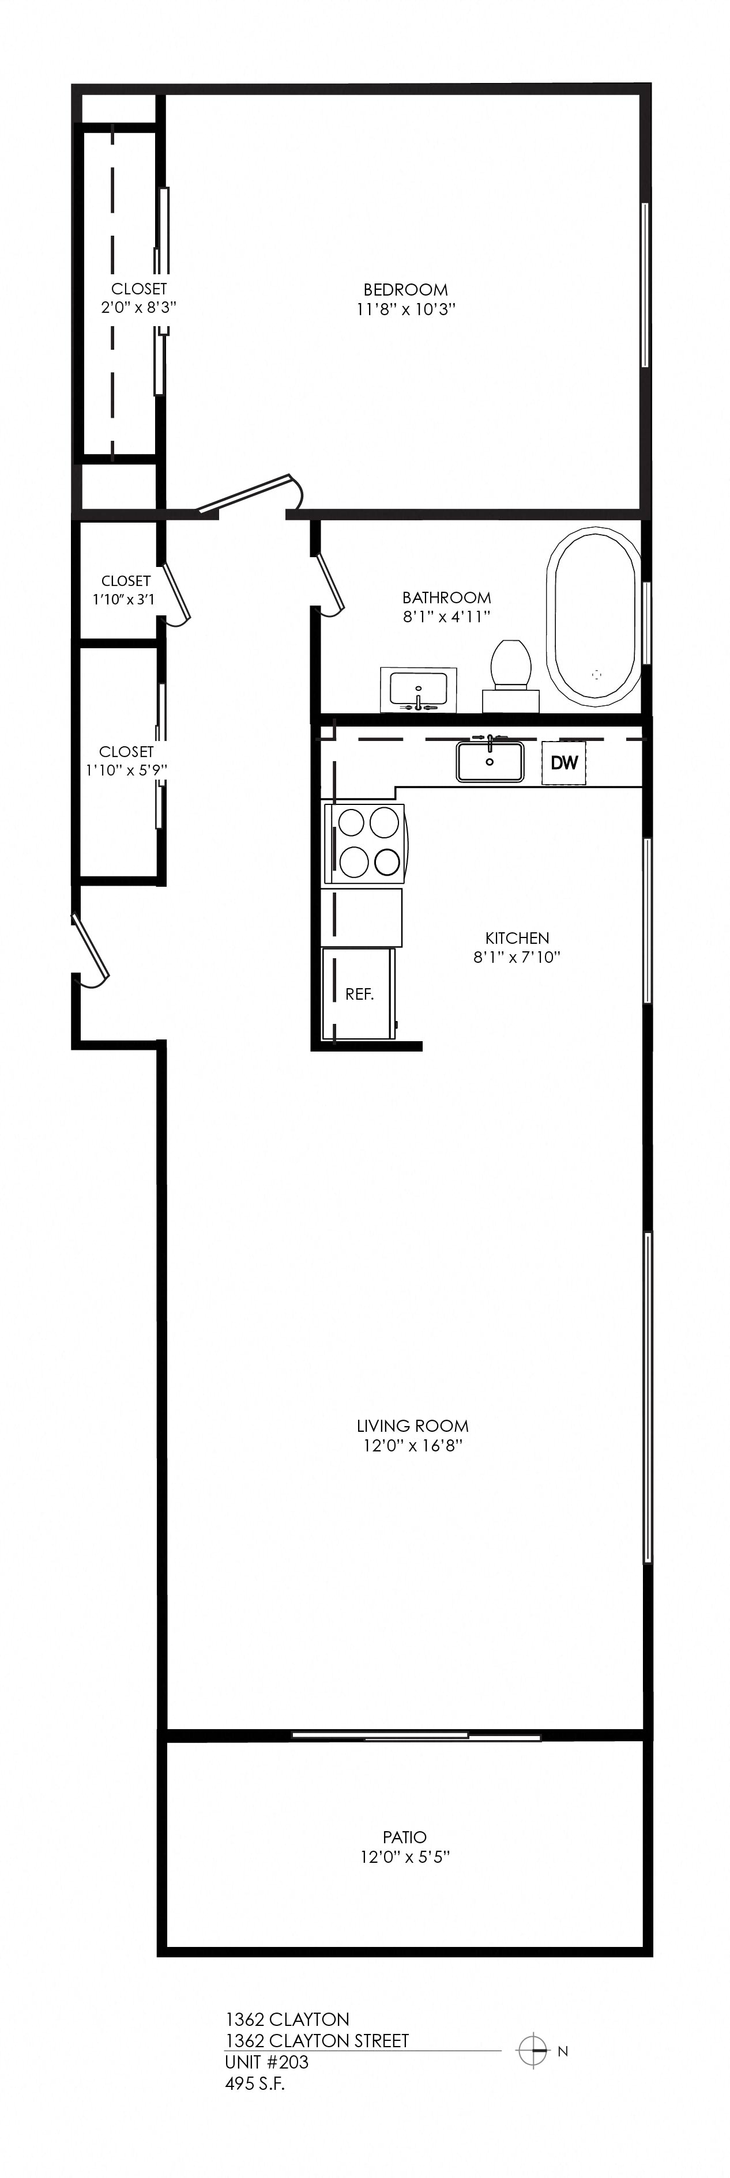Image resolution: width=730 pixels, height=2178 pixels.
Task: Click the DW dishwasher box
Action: [x=563, y=763]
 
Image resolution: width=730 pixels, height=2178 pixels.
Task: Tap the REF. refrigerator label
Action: [x=359, y=995]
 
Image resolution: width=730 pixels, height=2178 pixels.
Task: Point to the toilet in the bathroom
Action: [x=511, y=675]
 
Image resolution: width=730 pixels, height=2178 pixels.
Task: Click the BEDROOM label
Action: [x=406, y=290]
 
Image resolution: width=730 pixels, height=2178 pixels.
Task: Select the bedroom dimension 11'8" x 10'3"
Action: [x=406, y=309]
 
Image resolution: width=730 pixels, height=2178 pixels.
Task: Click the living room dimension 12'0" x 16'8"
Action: [x=413, y=1446]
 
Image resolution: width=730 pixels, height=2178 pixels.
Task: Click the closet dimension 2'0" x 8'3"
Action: [x=139, y=308]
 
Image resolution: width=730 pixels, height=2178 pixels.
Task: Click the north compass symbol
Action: [x=533, y=2050]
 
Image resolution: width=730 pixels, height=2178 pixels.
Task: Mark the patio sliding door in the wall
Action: [x=416, y=1736]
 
